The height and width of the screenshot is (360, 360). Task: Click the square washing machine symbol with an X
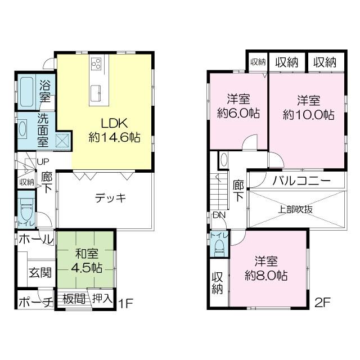pyautogui.click(x=61, y=139)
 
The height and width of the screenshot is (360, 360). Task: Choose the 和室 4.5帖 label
pyautogui.click(x=86, y=260)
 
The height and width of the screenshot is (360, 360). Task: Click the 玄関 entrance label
pyautogui.click(x=40, y=273)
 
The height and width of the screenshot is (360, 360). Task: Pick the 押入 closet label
pyautogui.click(x=102, y=298)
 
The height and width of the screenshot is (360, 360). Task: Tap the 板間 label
pyautogui.click(x=74, y=298)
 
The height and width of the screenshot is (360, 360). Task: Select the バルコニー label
pyautogui.click(x=301, y=181)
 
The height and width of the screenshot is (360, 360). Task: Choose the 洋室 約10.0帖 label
pyautogui.click(x=308, y=107)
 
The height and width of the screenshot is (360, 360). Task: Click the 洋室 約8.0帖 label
pyautogui.click(x=267, y=268)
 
